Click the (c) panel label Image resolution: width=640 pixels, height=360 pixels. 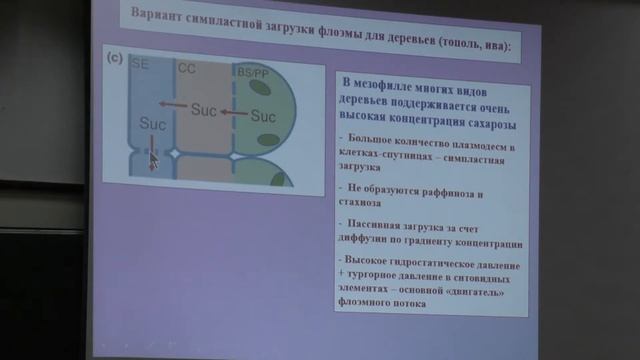(114, 59)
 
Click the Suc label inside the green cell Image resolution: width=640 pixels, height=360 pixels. (262, 116)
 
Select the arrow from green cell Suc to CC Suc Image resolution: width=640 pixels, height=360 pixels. (234, 112)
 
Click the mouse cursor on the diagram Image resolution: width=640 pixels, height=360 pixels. (153, 159)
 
